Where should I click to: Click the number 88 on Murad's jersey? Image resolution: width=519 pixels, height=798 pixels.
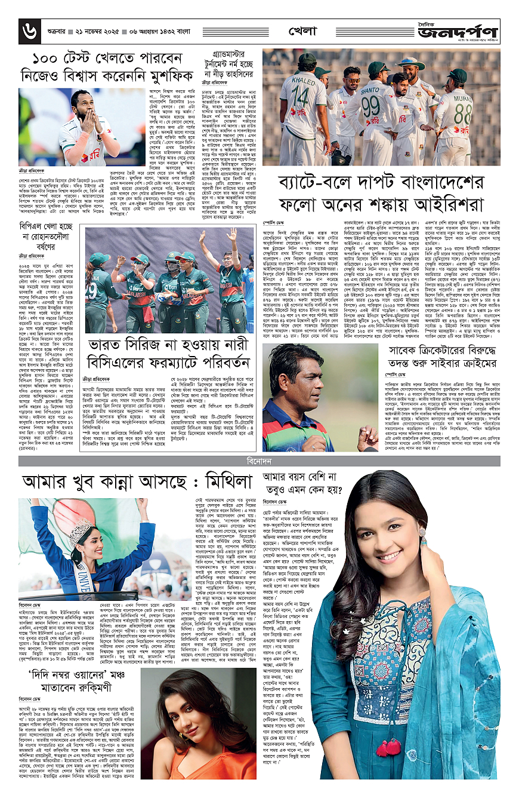pyautogui.click(x=462, y=112)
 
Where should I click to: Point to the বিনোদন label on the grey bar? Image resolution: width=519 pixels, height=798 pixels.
pyautogui.click(x=259, y=461)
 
